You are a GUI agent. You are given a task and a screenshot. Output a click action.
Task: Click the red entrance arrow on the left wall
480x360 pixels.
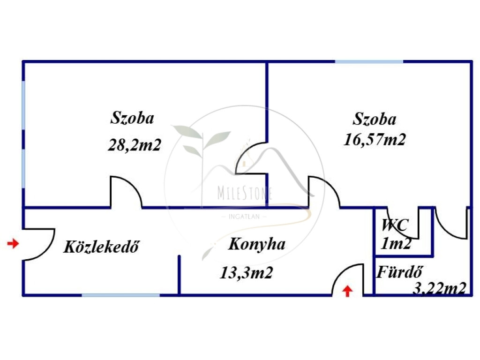[x=13, y=244]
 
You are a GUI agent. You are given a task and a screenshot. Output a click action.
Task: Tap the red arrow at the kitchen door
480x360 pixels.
[x=347, y=291]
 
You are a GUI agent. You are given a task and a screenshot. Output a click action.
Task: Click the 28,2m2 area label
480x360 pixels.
[x=135, y=145]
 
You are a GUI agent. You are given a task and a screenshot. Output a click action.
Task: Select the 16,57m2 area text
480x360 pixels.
[x=375, y=140]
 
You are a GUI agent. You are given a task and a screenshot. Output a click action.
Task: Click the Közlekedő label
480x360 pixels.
[x=101, y=247]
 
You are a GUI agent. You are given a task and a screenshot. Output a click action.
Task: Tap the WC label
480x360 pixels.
[x=395, y=225]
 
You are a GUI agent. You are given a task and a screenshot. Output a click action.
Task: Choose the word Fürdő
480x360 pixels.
[x=400, y=272]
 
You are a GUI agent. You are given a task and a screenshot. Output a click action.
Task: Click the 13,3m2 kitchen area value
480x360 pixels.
[x=247, y=272]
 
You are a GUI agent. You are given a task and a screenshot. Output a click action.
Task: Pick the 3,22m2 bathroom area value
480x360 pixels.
[x=440, y=288]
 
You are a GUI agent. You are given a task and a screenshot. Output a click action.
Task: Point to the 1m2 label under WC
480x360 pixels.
[x=396, y=244]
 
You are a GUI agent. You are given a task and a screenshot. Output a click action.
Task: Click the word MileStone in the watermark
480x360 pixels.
[x=245, y=193]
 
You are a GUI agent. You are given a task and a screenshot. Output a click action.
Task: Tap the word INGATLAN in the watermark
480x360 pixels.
[x=244, y=217]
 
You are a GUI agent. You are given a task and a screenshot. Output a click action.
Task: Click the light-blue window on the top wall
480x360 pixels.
[x=369, y=61]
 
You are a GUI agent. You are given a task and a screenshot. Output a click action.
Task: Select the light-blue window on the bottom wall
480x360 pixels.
[x=120, y=295]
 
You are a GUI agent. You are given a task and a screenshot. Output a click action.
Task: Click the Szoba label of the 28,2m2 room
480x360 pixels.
[x=132, y=118]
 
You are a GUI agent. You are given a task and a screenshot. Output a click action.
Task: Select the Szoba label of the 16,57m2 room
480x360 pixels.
[x=375, y=119]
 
